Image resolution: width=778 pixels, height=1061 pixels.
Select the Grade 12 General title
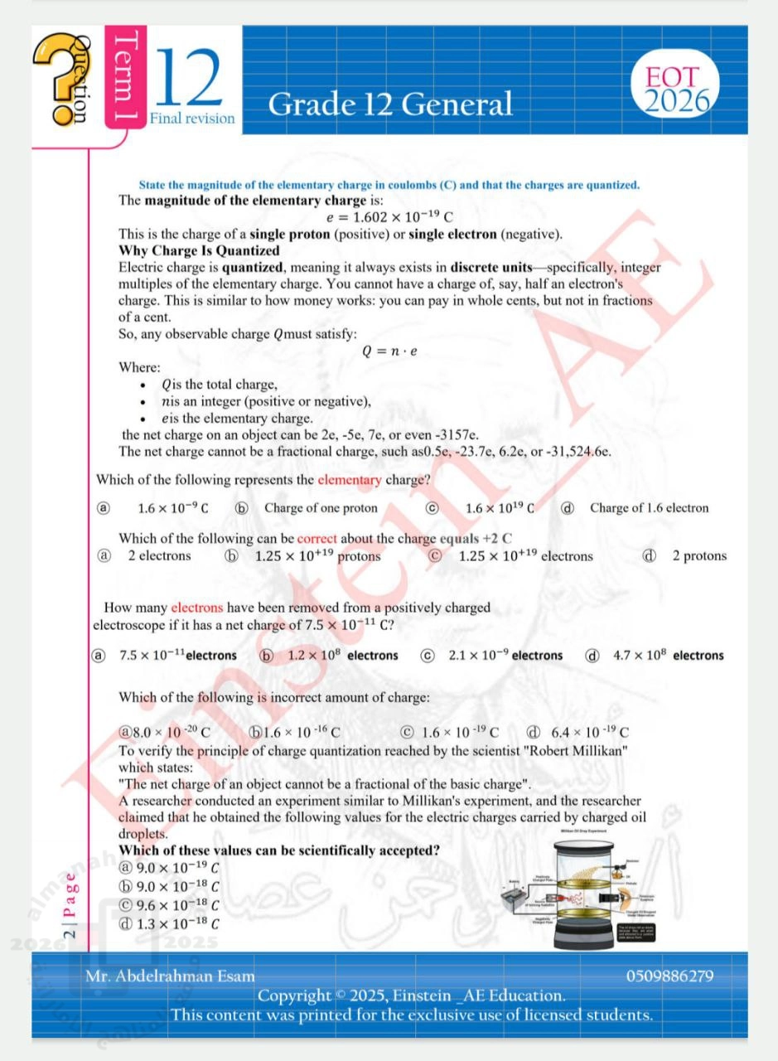[x=390, y=104]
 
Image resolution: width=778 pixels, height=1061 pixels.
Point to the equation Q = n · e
[x=389, y=351]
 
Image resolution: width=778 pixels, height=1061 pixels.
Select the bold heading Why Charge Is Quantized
[x=199, y=250]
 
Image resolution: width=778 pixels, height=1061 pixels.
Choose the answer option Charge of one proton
[x=321, y=508]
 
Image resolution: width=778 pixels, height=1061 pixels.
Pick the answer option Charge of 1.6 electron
[x=649, y=508]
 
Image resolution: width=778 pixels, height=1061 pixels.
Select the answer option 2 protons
[x=698, y=555]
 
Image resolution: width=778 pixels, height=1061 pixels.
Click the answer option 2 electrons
[x=159, y=555]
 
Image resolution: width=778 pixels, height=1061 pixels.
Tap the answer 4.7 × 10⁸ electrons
[x=668, y=656]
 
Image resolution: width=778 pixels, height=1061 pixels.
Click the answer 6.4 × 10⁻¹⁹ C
[x=590, y=732]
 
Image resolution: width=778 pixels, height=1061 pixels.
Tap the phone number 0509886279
[x=669, y=976]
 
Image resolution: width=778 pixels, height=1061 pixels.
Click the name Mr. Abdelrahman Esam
[x=170, y=976]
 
